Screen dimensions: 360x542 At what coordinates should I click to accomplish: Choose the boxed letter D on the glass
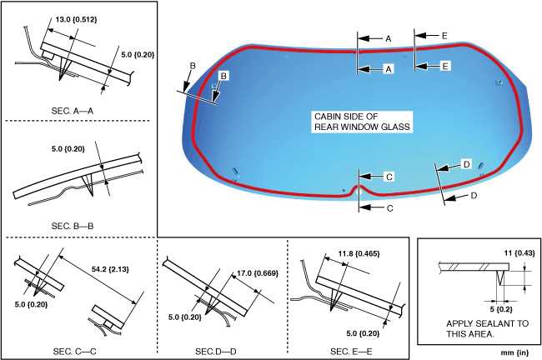(x=466, y=163)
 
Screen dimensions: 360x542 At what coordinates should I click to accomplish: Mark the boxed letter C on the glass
(x=389, y=177)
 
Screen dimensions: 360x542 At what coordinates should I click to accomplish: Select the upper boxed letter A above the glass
(x=388, y=38)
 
